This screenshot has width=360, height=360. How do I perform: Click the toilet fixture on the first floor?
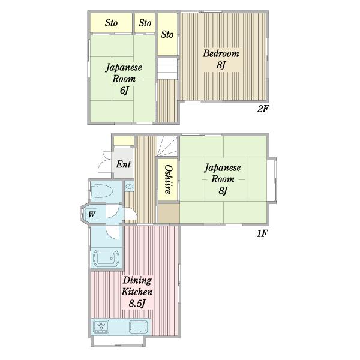point(101,190)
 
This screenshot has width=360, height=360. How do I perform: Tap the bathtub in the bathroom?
point(106,258)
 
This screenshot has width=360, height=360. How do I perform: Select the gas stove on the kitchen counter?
point(101,326)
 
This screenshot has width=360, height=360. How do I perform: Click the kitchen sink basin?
point(138,326)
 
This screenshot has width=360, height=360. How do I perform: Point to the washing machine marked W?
point(92,214)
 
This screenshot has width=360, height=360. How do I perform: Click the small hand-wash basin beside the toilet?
point(130,187)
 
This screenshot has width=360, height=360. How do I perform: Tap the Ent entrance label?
point(123,164)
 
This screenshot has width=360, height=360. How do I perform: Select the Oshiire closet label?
point(169,179)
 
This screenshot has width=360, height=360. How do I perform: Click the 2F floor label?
point(263,109)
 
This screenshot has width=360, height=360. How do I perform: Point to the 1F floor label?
point(262,233)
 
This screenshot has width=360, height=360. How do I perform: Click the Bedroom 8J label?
point(221,59)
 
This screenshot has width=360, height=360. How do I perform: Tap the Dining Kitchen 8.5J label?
point(137,292)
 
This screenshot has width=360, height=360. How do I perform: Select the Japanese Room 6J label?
point(124,79)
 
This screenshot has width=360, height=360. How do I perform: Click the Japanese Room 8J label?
point(223,179)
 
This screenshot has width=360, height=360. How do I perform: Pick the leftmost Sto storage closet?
point(111,23)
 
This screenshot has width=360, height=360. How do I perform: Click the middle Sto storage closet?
point(145,23)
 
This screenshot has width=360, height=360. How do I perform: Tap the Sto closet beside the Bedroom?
point(167,34)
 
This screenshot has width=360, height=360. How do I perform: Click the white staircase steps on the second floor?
point(167,68)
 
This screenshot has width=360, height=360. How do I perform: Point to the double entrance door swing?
point(104,161)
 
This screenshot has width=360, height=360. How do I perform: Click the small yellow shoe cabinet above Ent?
point(124,141)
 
